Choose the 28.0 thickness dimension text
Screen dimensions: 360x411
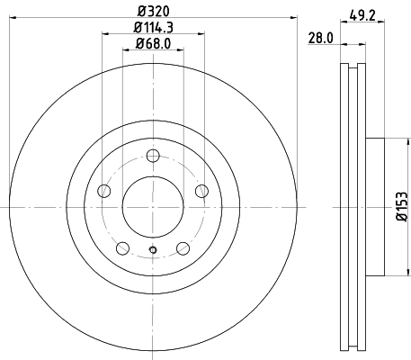(x=321, y=38)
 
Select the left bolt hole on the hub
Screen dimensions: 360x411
(x=103, y=191)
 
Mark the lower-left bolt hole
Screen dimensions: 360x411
(x=123, y=248)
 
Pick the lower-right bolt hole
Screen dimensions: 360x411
(x=183, y=248)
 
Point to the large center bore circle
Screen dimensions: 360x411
(x=153, y=206)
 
